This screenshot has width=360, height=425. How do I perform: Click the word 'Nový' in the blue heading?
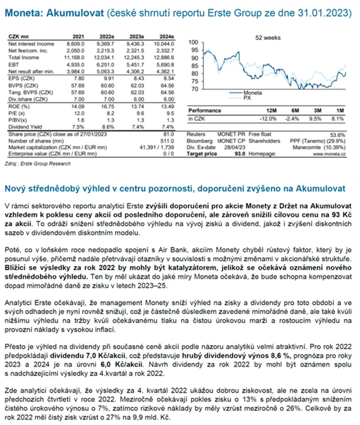16,187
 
